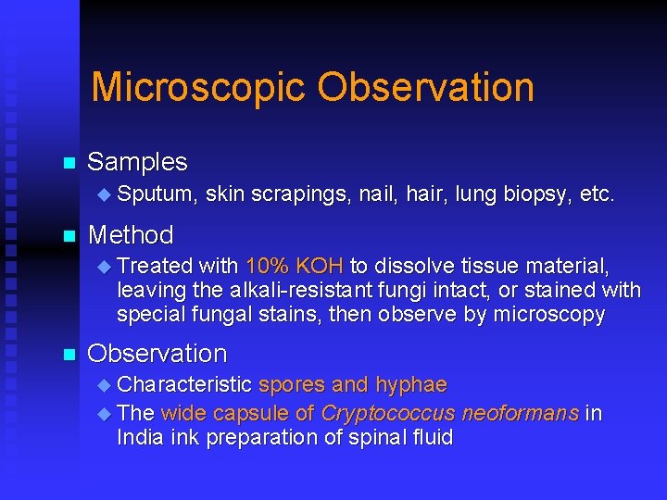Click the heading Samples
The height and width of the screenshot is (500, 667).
pos(137,162)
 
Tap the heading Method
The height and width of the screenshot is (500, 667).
pos(130,235)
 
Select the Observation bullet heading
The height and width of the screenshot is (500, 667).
pos(157,354)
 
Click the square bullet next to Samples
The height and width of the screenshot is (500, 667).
pos(67,164)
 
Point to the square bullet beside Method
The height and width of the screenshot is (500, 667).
pos(67,236)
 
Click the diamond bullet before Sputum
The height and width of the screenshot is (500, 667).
pos(104,194)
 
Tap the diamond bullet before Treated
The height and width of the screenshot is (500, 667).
pos(104,267)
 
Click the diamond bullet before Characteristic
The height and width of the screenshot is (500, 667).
pos(104,385)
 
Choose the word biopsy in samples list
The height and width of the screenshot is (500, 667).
pos(536,194)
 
